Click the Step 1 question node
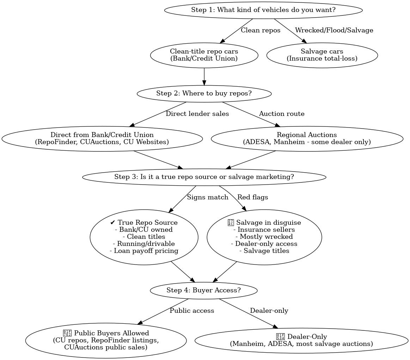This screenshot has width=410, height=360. pyautogui.click(x=263, y=10)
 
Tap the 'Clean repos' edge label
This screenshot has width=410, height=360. pyautogui.click(x=261, y=30)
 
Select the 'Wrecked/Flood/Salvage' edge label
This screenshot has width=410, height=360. pyautogui.click(x=334, y=30)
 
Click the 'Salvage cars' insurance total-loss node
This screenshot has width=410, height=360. pyautogui.click(x=322, y=55)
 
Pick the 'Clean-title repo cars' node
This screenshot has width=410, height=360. pyautogui.click(x=204, y=55)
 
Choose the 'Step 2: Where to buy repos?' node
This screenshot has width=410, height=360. pyautogui.click(x=204, y=93)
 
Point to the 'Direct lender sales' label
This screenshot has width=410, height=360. pyautogui.click(x=197, y=114)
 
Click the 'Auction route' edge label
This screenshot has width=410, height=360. pyautogui.click(x=281, y=114)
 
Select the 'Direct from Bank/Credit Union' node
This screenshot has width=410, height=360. pyautogui.click(x=102, y=138)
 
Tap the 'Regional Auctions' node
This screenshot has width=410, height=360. pyautogui.click(x=307, y=138)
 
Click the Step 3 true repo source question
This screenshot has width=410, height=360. pyautogui.click(x=204, y=177)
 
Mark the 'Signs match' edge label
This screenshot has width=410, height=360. pyautogui.click(x=207, y=197)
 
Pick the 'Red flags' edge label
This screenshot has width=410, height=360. pyautogui.click(x=252, y=197)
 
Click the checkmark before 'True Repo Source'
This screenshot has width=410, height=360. pyautogui.click(x=112, y=223)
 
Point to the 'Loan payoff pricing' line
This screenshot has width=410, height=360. pyautogui.click(x=144, y=251)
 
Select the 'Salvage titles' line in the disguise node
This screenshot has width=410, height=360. pyautogui.click(x=264, y=251)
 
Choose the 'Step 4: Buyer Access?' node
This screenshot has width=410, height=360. pyautogui.click(x=203, y=290)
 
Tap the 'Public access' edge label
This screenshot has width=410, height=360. pyautogui.click(x=192, y=311)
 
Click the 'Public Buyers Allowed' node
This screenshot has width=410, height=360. pyautogui.click(x=106, y=340)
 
